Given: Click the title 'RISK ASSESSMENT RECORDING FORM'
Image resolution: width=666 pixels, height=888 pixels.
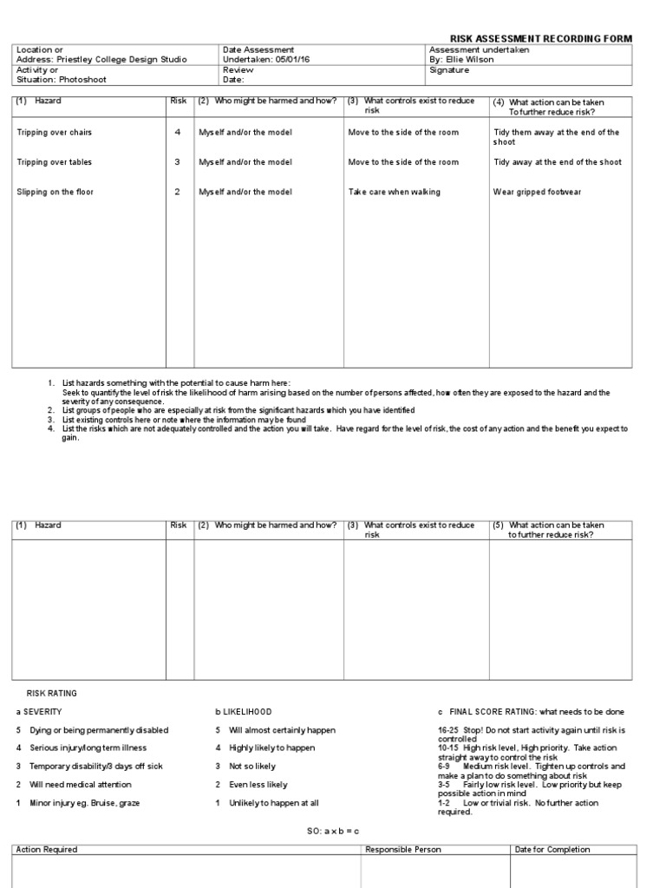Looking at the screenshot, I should pyautogui.click(x=540, y=39).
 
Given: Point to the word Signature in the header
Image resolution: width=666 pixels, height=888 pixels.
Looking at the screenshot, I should pyautogui.click(x=449, y=70).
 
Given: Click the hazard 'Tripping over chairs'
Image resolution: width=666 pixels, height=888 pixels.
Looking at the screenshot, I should pyautogui.click(x=54, y=133).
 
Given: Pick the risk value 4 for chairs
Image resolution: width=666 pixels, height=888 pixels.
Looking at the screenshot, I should pyautogui.click(x=178, y=133).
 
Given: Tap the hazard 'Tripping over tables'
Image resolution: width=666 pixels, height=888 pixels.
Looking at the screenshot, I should pyautogui.click(x=54, y=162).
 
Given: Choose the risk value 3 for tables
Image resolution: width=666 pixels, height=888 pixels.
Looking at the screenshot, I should pyautogui.click(x=178, y=162).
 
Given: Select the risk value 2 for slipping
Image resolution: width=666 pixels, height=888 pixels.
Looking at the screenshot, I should pyautogui.click(x=178, y=192).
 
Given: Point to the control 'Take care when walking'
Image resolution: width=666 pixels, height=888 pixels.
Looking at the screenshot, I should pyautogui.click(x=394, y=192).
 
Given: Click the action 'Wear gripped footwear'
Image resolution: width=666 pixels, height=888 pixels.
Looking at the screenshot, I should pyautogui.click(x=537, y=192).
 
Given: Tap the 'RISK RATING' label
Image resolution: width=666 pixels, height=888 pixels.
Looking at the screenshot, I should pyautogui.click(x=52, y=694).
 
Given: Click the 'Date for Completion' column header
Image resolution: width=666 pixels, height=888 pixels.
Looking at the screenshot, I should pyautogui.click(x=552, y=850).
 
